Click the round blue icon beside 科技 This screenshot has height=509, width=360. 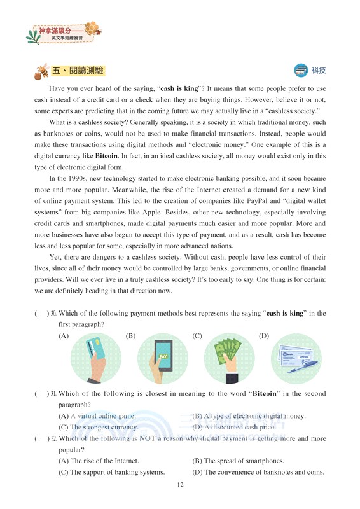[301, 70]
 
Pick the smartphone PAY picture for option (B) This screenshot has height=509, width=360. [163, 358]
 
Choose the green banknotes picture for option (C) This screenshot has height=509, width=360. [230, 358]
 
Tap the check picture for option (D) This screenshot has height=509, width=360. [296, 358]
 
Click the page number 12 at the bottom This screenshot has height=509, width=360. [180, 485]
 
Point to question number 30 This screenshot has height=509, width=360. [53, 314]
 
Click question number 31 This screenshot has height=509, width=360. [53, 394]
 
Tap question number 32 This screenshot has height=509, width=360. [53, 439]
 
